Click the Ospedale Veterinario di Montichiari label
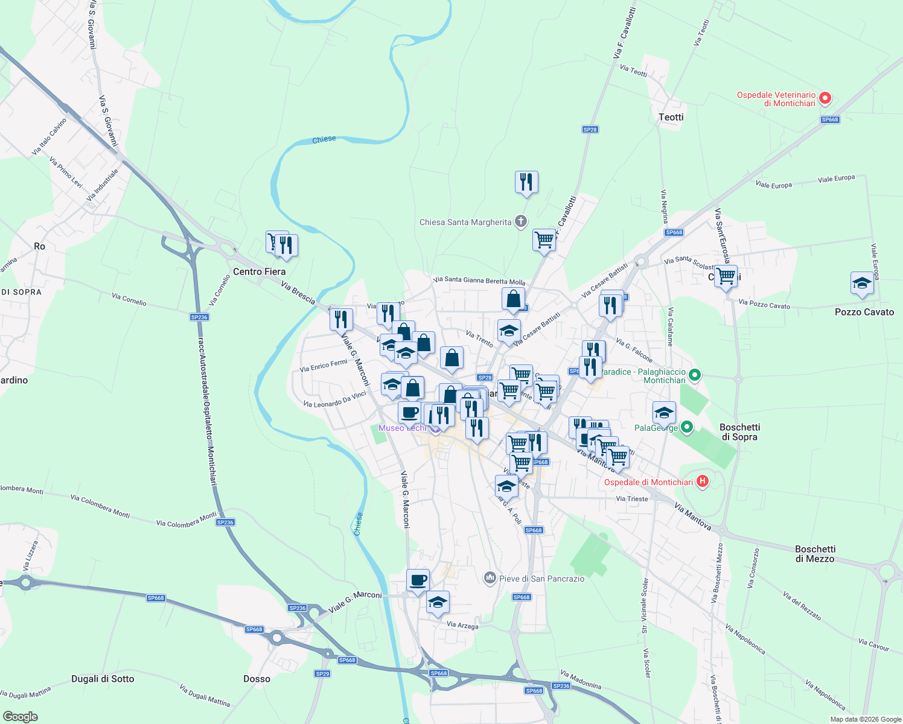(776, 99)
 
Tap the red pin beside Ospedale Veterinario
(825, 98)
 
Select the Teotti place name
(671, 117)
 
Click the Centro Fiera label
(259, 271)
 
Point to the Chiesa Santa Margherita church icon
(521, 221)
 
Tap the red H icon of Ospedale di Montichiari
(702, 481)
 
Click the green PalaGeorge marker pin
(687, 428)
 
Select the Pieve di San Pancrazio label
(541, 579)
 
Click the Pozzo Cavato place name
(864, 312)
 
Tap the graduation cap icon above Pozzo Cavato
(861, 283)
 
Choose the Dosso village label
(257, 679)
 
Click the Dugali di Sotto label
(103, 679)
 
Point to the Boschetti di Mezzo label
(815, 554)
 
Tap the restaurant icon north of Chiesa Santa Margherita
(526, 182)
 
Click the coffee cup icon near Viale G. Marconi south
(418, 580)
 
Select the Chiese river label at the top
(324, 139)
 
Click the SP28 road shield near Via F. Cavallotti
(590, 130)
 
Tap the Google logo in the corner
(20, 717)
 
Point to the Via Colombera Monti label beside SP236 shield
(186, 519)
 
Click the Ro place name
(39, 246)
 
